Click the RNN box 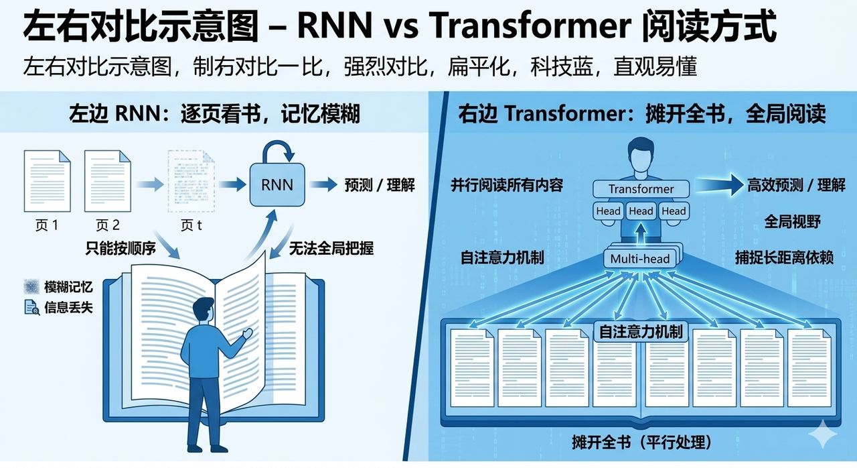coord(277,184)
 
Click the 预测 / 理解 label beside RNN coord(380,185)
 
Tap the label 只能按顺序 coord(121,248)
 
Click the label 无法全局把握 coord(331,249)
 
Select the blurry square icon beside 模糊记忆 coord(31,287)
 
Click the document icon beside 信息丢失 coord(31,308)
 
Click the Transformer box coord(641,189)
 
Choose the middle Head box coord(641,211)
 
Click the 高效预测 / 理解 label coord(796,185)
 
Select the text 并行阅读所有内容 coord(507,186)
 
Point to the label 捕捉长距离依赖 coord(784,257)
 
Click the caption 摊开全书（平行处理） coord(641,443)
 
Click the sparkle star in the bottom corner coord(823,436)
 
